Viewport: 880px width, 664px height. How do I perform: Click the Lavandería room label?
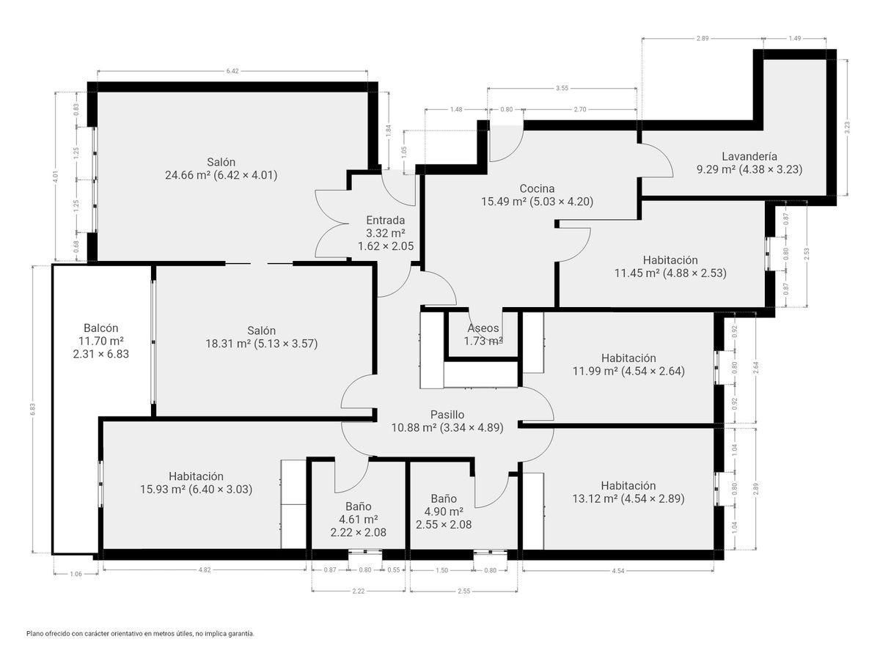(x=749, y=156)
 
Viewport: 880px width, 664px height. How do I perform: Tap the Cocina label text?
(x=537, y=188)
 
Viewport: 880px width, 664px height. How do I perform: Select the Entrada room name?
(x=385, y=221)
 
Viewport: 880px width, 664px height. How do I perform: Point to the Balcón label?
(x=101, y=328)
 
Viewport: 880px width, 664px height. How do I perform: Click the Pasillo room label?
(x=447, y=415)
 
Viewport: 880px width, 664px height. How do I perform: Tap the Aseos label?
(x=483, y=328)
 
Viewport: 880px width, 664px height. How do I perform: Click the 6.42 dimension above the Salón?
(x=232, y=71)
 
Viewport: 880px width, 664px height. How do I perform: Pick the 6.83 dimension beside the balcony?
(x=33, y=409)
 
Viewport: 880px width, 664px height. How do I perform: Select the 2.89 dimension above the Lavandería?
(x=703, y=38)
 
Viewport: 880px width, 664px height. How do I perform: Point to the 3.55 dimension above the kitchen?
(x=562, y=88)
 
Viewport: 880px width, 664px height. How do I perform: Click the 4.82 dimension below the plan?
(x=205, y=570)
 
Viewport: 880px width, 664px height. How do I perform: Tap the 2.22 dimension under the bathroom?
(x=358, y=591)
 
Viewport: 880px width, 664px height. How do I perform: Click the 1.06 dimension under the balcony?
(x=76, y=574)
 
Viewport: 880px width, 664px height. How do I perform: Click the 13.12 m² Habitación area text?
(x=595, y=498)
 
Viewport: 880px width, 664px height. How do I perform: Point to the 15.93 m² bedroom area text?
(x=162, y=489)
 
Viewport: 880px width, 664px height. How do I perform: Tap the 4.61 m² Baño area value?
(x=358, y=520)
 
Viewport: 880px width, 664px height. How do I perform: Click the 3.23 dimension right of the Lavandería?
(x=847, y=128)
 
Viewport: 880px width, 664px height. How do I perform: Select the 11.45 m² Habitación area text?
(x=637, y=273)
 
